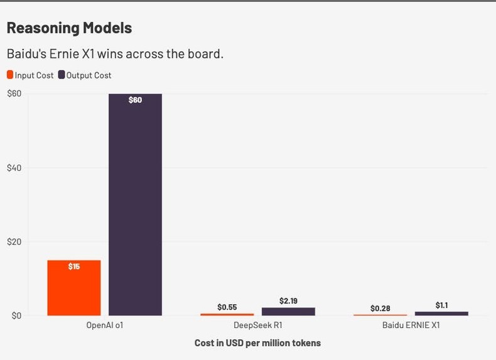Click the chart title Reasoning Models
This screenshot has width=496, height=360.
click(x=69, y=28)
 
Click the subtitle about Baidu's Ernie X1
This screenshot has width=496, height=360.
click(x=115, y=53)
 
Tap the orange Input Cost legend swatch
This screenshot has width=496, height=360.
click(x=10, y=75)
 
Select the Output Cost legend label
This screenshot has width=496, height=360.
click(x=89, y=75)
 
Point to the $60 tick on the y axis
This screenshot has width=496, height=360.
click(x=14, y=94)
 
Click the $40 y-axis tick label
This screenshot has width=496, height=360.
click(x=14, y=168)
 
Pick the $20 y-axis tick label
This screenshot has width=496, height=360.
click(x=14, y=242)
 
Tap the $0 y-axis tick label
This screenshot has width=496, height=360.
click(x=16, y=315)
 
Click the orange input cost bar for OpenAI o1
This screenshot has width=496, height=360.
click(x=74, y=289)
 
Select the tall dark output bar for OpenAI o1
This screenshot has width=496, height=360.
click(x=135, y=207)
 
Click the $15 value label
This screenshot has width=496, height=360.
click(x=74, y=266)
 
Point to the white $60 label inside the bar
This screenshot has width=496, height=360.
click(x=135, y=100)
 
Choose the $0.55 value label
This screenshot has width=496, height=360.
click(x=227, y=307)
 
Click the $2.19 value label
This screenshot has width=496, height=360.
click(x=288, y=301)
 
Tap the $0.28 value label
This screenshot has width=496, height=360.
click(x=380, y=308)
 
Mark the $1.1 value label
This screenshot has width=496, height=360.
click(x=441, y=305)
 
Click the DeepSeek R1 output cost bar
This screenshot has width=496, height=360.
click(x=288, y=312)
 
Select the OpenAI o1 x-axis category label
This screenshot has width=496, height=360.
click(x=104, y=326)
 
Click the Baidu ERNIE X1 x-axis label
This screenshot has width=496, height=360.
click(x=411, y=326)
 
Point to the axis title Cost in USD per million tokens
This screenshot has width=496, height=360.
click(x=257, y=343)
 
